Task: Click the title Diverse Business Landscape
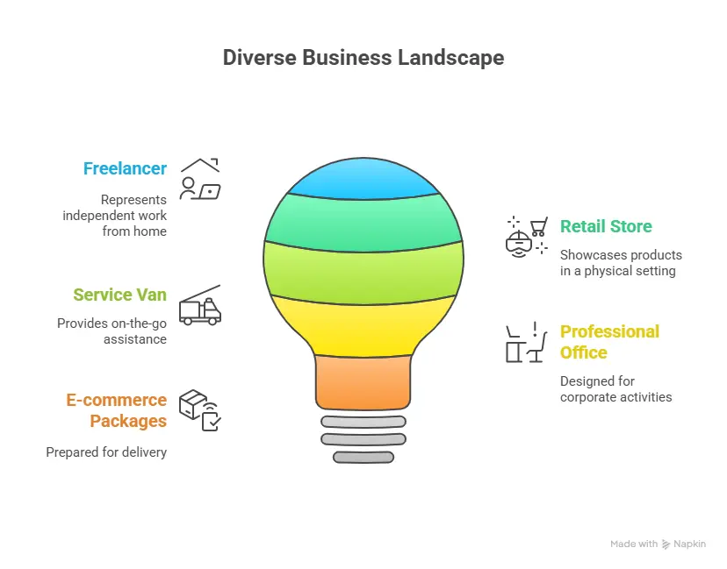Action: (363, 58)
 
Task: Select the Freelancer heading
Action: (125, 168)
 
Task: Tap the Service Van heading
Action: (119, 295)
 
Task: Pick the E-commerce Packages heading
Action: (116, 410)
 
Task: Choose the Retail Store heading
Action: (606, 226)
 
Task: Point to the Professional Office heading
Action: (609, 342)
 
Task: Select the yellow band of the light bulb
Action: (363, 324)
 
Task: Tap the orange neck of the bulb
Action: (363, 381)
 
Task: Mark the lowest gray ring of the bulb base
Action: (363, 457)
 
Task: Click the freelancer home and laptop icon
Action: (200, 178)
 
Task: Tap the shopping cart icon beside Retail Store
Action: (528, 235)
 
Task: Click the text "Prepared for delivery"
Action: (106, 452)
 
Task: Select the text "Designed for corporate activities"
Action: (615, 389)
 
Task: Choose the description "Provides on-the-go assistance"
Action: (112, 331)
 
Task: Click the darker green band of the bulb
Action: (363, 219)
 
